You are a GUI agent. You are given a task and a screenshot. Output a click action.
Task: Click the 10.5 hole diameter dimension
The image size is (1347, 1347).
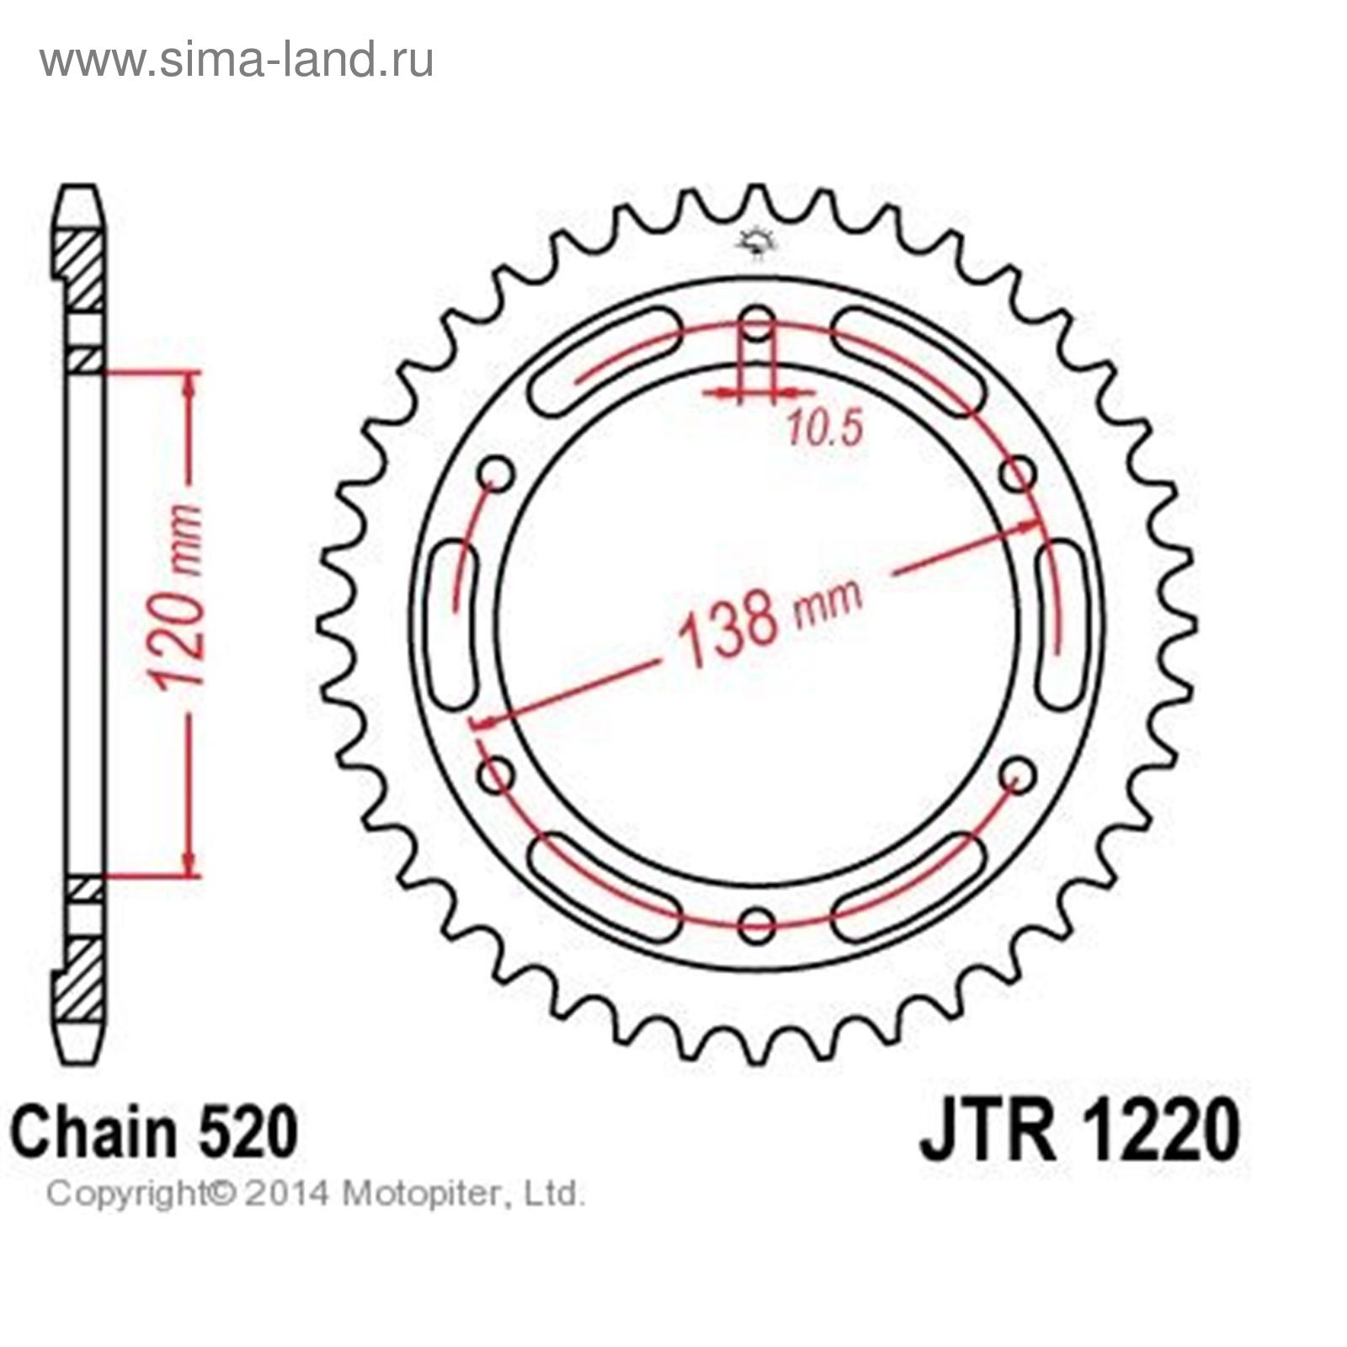pos(825,429)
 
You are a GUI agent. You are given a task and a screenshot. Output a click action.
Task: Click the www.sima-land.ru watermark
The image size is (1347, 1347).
pos(237,60)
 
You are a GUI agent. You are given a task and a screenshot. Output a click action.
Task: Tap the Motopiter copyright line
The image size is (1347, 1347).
pos(315,1194)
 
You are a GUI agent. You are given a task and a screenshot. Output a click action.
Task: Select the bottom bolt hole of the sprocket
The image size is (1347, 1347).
pos(758,924)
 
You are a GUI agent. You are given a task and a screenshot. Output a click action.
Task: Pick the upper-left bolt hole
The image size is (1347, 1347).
pos(496,474)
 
